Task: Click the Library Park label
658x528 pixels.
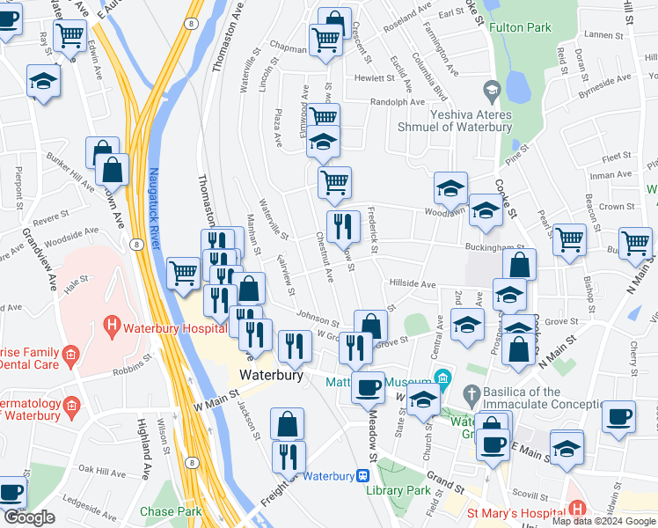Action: [412, 489]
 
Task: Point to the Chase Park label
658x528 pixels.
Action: [170, 510]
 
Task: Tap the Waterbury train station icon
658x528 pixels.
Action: [362, 476]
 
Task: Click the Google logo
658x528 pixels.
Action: [28, 517]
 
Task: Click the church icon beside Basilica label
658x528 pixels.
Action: [472, 392]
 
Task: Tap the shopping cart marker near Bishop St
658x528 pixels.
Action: [570, 238]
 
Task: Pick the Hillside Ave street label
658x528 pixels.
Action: [412, 284]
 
